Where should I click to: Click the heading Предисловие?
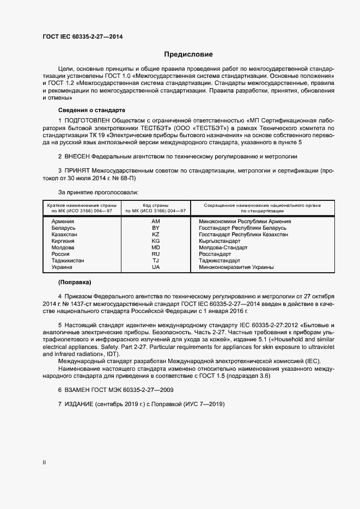[x=188, y=54]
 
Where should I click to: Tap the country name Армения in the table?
[x=63, y=222]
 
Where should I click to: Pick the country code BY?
[x=156, y=228]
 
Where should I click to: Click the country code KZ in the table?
[x=156, y=234]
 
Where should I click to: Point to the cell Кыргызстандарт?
[x=219, y=241]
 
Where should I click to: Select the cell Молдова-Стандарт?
[x=223, y=247]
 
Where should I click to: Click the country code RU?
[x=156, y=254]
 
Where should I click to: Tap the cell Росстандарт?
[x=215, y=254]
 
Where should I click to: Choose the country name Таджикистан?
[x=68, y=261]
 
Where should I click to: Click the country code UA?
[x=156, y=267]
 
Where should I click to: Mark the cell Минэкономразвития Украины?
[x=236, y=267]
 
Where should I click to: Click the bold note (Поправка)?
[x=75, y=283]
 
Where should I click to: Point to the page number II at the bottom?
[x=44, y=463]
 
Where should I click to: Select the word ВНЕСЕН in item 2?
[x=81, y=156]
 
